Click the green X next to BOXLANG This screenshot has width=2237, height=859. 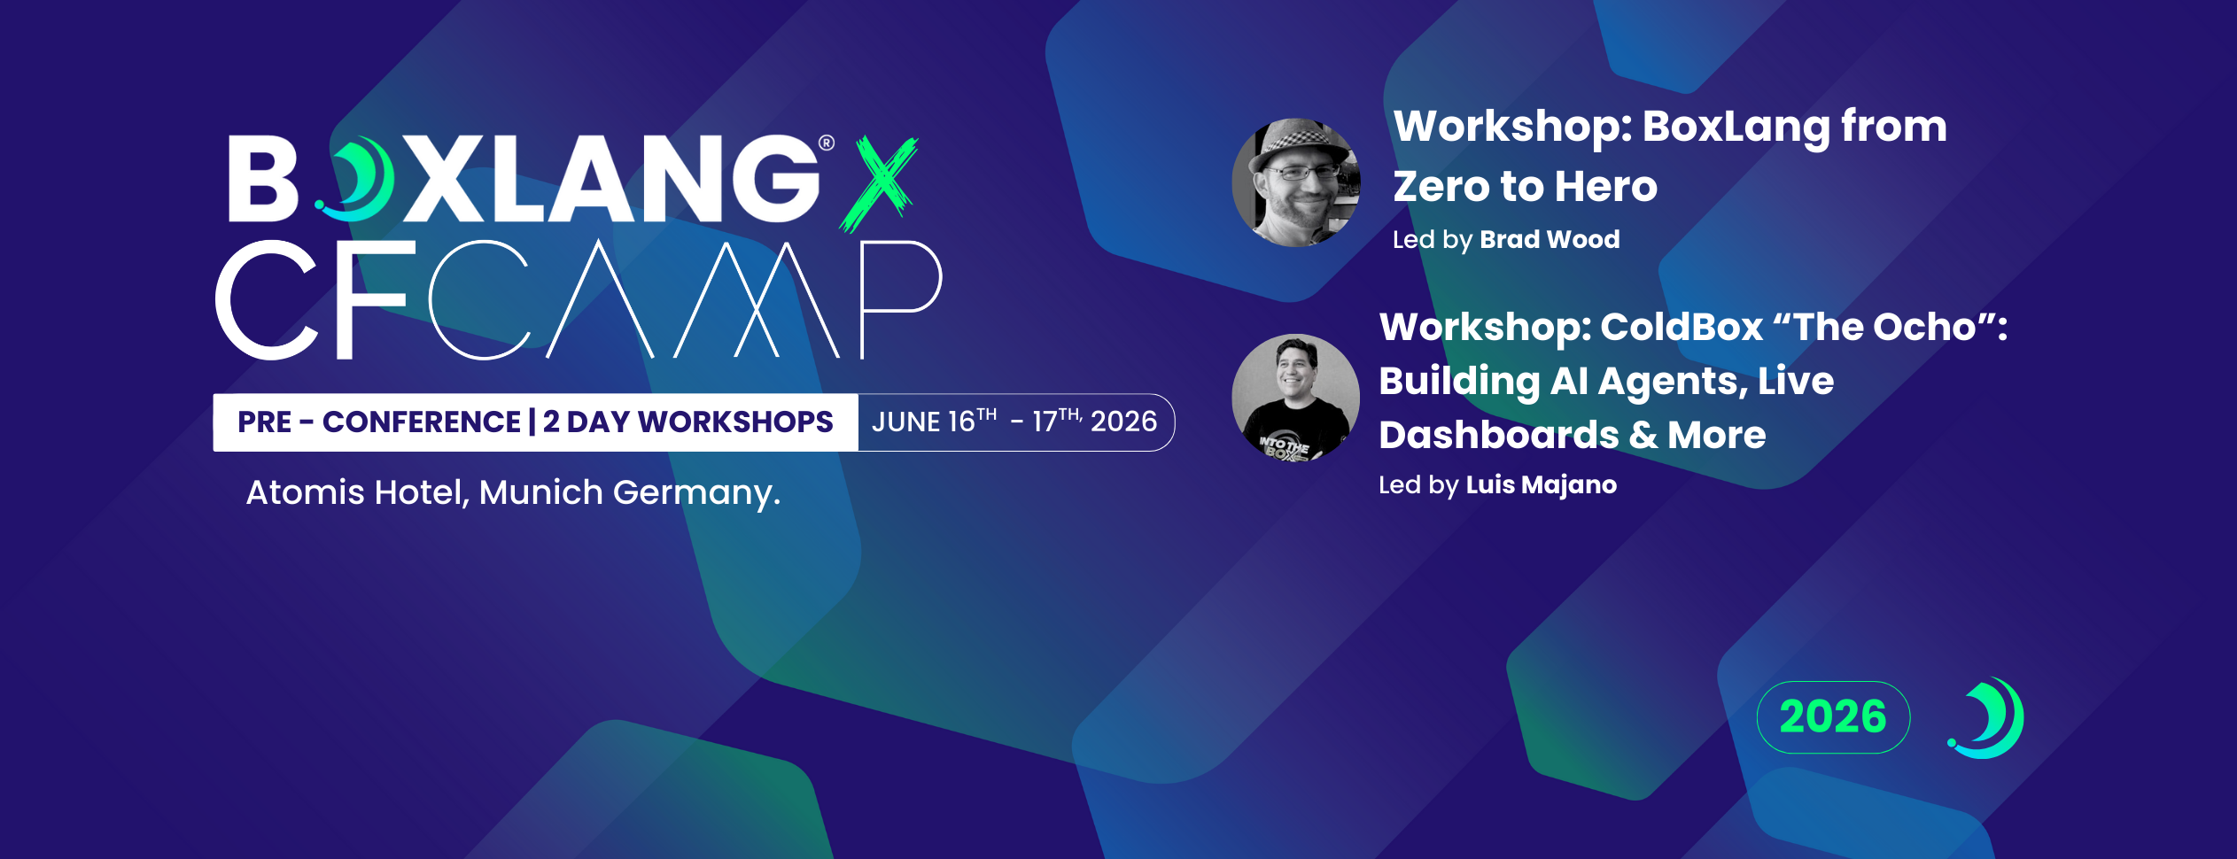[x=879, y=184]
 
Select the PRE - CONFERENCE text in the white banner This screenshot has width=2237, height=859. [x=379, y=422]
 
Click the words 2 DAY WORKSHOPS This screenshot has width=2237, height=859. [x=687, y=422]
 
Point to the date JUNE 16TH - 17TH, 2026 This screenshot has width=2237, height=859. [x=1014, y=422]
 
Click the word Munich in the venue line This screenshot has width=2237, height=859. [x=540, y=492]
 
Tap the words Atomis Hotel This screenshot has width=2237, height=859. [x=356, y=492]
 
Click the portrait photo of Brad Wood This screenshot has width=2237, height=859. [x=1296, y=182]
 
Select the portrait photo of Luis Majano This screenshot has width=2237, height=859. [x=1295, y=398]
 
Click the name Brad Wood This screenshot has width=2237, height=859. [x=1550, y=239]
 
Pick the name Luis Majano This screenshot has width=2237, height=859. [x=1541, y=484]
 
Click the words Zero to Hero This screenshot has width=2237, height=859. [x=1525, y=187]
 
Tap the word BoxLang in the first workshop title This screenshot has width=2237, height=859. [x=1736, y=127]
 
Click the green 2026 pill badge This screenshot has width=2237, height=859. [x=1833, y=716]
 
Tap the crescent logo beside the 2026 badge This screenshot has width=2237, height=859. [x=1987, y=717]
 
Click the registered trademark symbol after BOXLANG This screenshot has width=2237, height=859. [x=827, y=143]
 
